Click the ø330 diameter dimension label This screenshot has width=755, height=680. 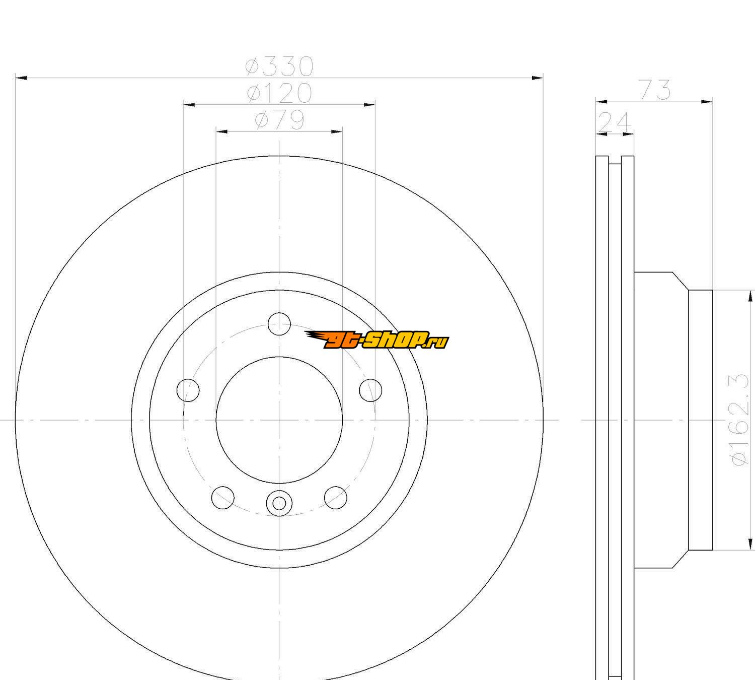(x=279, y=66)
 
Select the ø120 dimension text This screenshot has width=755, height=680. (x=279, y=93)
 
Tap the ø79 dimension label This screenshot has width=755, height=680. (x=279, y=120)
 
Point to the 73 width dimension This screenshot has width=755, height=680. (x=655, y=90)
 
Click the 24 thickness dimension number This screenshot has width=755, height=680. (x=614, y=122)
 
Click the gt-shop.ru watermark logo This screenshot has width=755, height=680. (x=376, y=339)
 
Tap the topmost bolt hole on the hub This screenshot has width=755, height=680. (x=279, y=323)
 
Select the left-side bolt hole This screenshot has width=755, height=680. (x=188, y=390)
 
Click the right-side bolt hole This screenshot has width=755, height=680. (x=371, y=390)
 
